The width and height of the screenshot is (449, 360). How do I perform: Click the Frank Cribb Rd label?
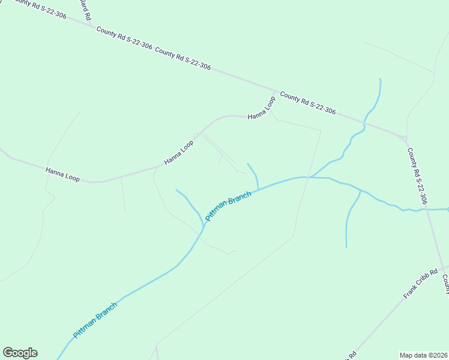(420, 284)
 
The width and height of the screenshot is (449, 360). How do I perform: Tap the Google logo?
(20, 353)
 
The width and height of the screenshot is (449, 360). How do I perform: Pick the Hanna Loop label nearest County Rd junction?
(262, 107)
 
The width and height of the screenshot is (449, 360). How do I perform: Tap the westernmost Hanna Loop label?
(62, 175)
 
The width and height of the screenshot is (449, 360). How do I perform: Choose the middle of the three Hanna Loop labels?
(179, 153)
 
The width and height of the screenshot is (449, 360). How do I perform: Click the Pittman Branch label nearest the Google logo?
(95, 319)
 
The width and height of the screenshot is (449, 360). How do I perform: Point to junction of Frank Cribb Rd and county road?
(443, 268)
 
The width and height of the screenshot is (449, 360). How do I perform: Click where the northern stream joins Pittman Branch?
(309, 177)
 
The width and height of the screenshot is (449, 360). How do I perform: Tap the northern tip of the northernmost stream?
(379, 79)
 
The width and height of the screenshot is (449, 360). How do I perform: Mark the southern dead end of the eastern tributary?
(346, 247)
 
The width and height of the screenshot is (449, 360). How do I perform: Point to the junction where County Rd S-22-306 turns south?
(404, 136)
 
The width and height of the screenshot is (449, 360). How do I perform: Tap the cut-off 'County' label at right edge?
(445, 284)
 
